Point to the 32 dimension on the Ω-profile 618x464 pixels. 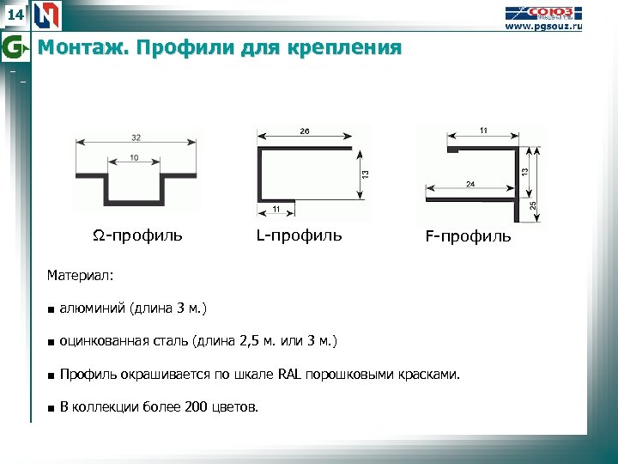(137, 137)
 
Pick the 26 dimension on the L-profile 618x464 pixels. (306, 131)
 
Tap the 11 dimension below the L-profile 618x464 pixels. (276, 210)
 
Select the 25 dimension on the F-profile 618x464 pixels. (533, 205)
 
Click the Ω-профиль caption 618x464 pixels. (137, 235)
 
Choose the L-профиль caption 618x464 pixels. (299, 235)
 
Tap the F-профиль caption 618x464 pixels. (468, 236)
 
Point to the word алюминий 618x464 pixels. (93, 308)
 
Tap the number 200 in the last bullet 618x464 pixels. (196, 406)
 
